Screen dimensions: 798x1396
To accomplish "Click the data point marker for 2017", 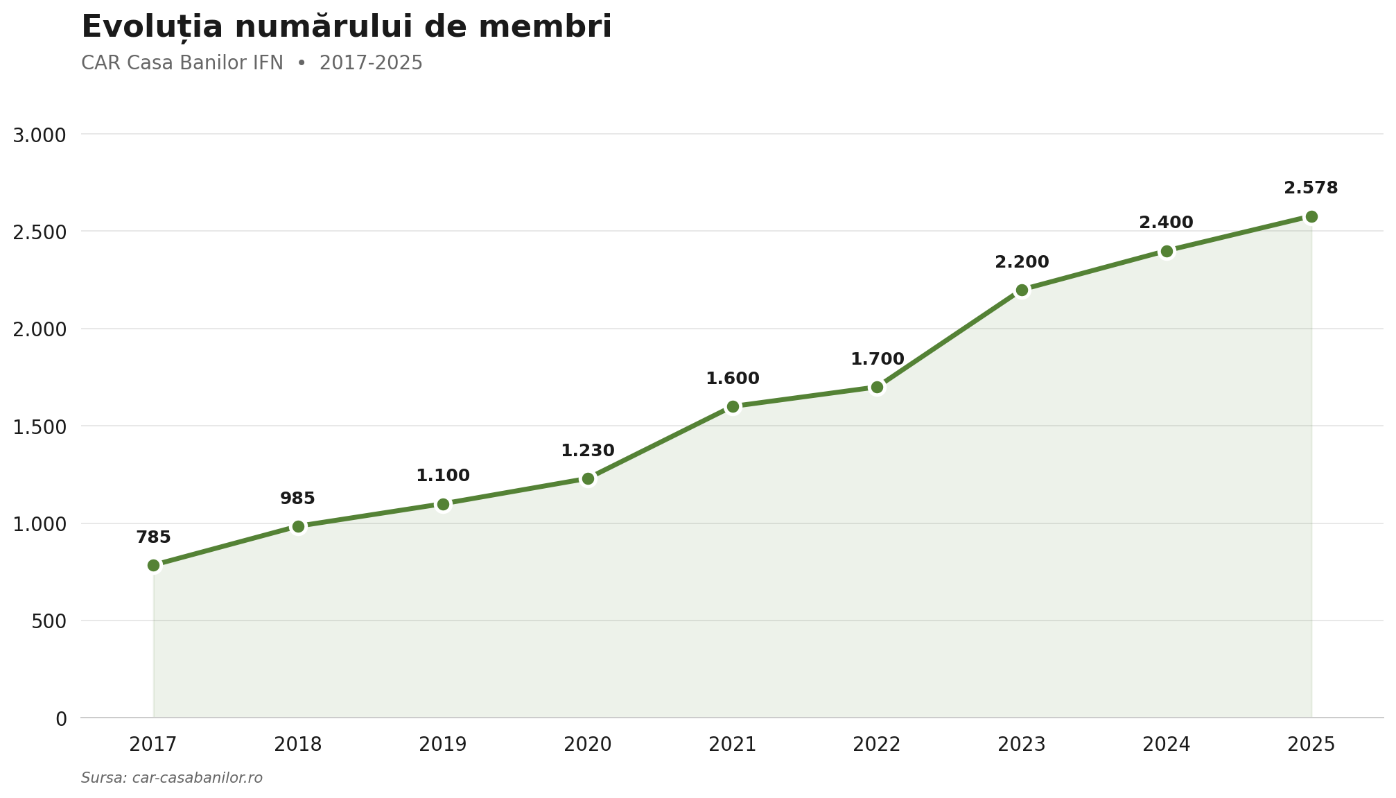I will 154,565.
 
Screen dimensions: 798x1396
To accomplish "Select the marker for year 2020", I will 588,478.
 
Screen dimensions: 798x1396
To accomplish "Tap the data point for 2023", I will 1022,290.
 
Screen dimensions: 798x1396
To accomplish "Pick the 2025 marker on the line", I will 1311,216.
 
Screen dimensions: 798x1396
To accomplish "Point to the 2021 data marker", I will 733,406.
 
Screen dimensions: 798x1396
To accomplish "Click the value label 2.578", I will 1311,188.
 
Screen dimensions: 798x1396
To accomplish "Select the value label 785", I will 153,537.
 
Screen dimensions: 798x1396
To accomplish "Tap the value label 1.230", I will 588,451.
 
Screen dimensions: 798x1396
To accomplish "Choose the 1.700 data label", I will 878,359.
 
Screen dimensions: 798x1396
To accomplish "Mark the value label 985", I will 297,498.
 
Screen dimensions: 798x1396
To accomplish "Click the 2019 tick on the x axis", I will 443,745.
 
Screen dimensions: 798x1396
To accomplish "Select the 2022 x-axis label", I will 877,745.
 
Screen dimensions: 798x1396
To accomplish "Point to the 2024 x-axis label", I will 1167,745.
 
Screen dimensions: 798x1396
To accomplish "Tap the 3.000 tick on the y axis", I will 40,135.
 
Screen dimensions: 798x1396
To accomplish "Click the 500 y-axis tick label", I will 49,621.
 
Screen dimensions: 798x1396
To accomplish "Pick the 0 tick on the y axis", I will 61,719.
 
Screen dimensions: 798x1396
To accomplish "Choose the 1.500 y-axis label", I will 40,426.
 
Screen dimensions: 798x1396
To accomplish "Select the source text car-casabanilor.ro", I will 197,778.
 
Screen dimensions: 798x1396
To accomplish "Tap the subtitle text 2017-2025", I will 371,63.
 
